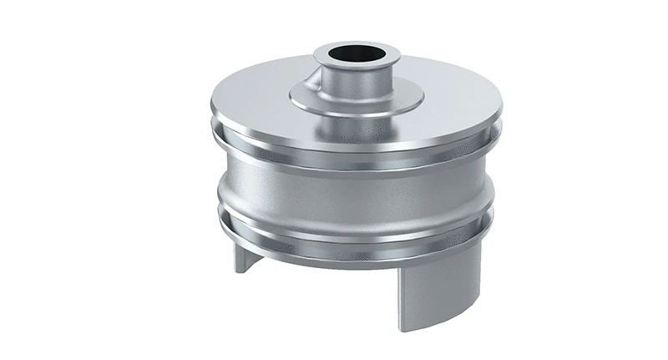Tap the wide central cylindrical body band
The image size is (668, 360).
351,196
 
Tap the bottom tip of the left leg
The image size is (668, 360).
239,271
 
